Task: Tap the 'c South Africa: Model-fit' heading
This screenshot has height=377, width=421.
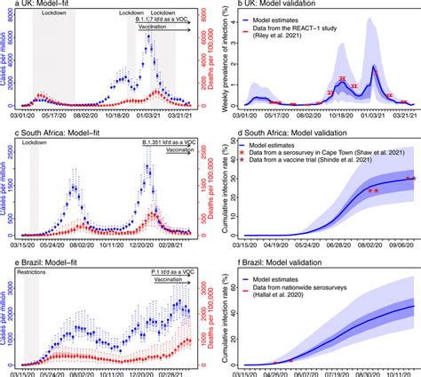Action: (61, 132)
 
